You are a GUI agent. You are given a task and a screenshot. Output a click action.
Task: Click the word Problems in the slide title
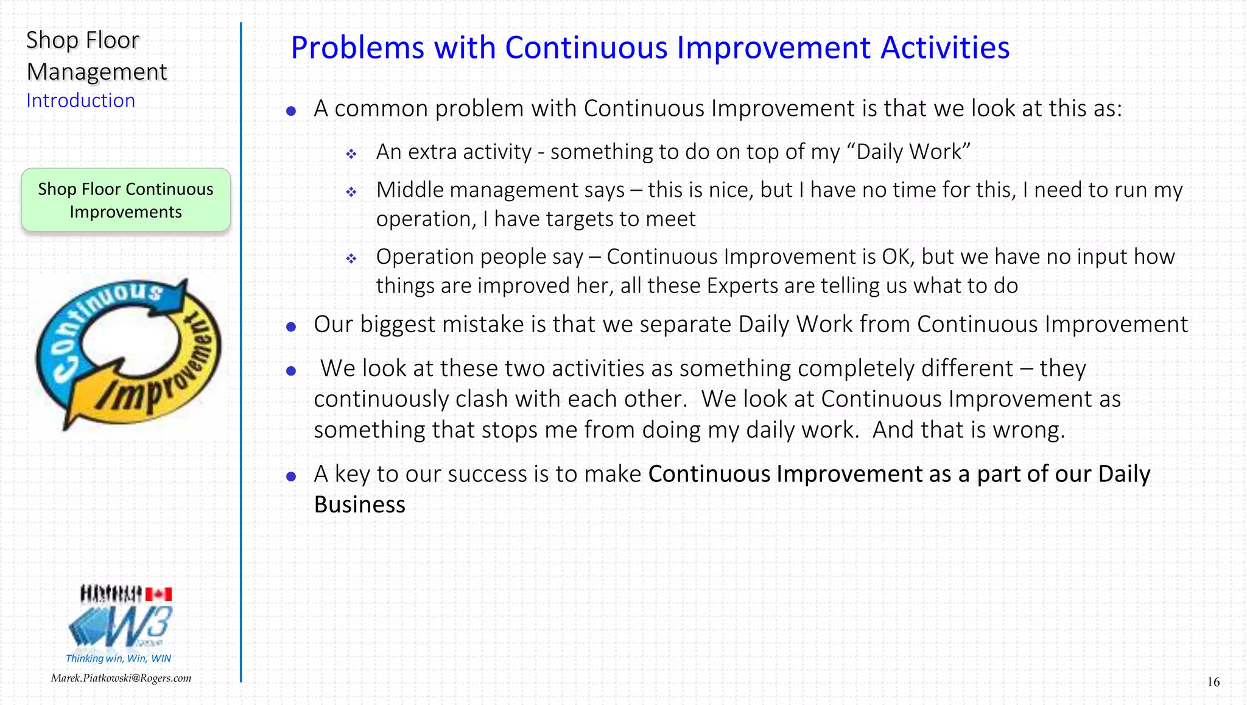tap(357, 49)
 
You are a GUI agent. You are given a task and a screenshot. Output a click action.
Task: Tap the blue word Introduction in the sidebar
tap(80, 101)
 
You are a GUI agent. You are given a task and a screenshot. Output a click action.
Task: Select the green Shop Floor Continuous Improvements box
tap(126, 200)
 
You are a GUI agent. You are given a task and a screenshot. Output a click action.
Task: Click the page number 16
tap(1213, 682)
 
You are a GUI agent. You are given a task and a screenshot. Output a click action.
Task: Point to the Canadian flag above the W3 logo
tap(158, 594)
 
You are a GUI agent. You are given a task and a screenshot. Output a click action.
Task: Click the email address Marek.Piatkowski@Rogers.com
tap(121, 678)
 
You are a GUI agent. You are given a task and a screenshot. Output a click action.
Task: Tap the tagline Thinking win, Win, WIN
tap(118, 658)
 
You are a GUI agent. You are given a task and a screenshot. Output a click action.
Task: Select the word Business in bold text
tap(359, 505)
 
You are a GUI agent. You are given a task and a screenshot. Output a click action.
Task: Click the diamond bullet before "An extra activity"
tap(351, 154)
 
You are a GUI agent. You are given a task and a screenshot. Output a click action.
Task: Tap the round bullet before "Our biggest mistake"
tap(291, 327)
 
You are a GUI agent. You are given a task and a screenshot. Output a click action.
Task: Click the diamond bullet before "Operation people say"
tap(351, 259)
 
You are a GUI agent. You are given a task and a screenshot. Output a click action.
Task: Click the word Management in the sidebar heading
tap(97, 72)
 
